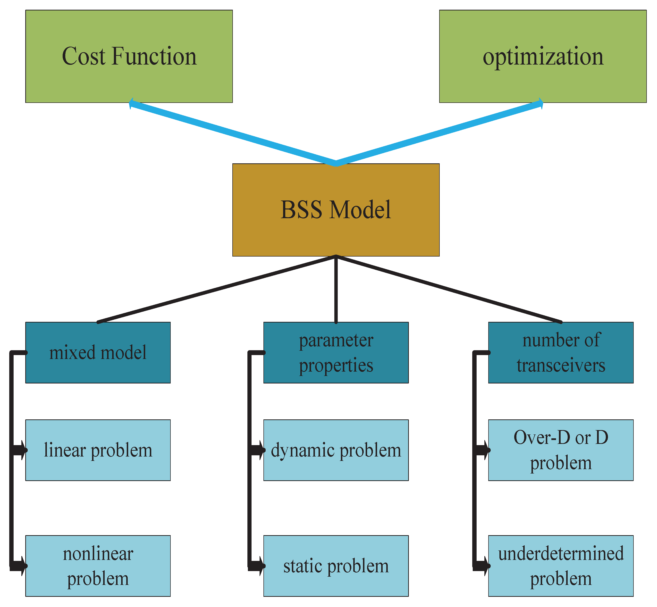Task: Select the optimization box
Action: [x=543, y=56]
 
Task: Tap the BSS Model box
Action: [x=336, y=209]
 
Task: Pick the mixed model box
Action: [x=98, y=352]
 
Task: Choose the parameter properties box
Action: [x=336, y=352]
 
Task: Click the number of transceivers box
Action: [x=561, y=352]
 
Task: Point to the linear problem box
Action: [x=98, y=450]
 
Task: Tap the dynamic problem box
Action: [x=336, y=450]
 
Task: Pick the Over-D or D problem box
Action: [x=561, y=450]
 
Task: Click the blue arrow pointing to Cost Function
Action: [x=230, y=133]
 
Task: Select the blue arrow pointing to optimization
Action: [x=440, y=133]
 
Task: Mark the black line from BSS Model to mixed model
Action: [x=217, y=289]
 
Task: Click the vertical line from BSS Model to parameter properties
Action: [x=336, y=289]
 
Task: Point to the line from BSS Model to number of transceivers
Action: [x=448, y=289]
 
